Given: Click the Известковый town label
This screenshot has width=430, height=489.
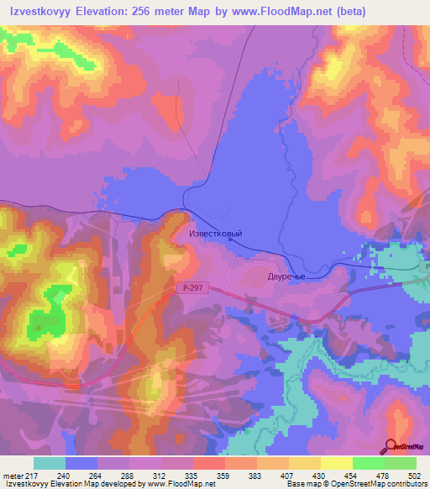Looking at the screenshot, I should tap(216, 233).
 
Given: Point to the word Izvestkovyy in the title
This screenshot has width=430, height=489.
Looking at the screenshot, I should tap(39, 13).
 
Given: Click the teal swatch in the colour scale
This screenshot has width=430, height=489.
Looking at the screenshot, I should tap(50, 463).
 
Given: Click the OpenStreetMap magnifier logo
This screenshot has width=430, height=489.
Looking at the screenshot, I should tap(391, 445).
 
